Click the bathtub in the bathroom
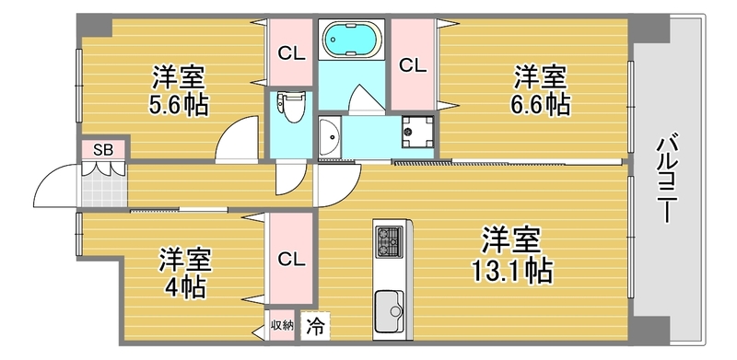pos(351,39)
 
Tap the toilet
pos(291,106)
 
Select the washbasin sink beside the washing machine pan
pos(330,137)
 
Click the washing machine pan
pos(417,132)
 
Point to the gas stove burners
pos(389,241)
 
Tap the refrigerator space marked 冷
pos(315,327)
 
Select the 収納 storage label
pos(282,325)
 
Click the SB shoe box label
pos(103,150)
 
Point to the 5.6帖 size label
pos(179,106)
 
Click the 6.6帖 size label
pos(541,105)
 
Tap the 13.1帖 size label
pos(512,272)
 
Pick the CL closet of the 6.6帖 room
pos(413,65)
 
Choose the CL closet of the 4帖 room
pos(291,259)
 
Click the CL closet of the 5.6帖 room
pos(291,53)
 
